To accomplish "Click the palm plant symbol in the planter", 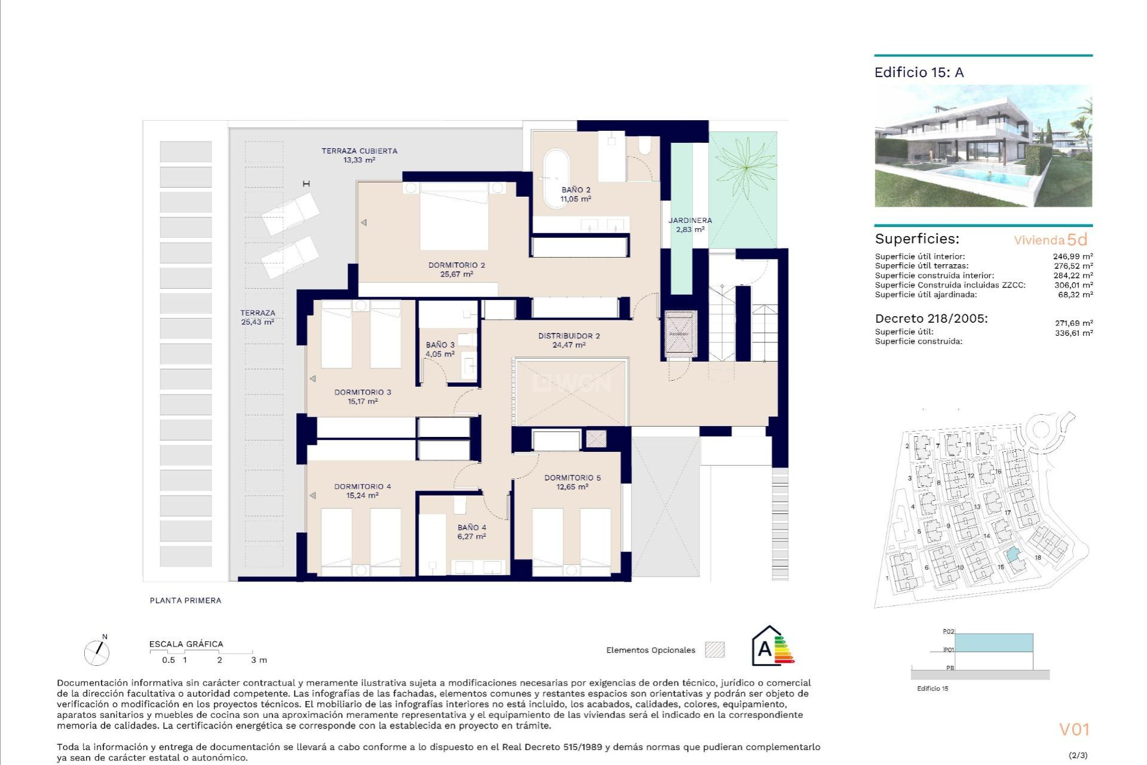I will (746, 168).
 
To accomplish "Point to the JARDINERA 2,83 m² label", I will (689, 225).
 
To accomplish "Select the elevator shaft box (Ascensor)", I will (678, 333).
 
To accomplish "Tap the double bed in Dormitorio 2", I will (454, 216).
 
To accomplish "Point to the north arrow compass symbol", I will (97, 653).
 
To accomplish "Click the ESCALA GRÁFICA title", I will (186, 644).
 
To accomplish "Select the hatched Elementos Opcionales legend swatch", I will (714, 650).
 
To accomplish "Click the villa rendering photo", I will (983, 146).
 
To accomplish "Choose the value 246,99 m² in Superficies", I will (1072, 256).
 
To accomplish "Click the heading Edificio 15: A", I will (919, 73).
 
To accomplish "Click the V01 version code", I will (1074, 729).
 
